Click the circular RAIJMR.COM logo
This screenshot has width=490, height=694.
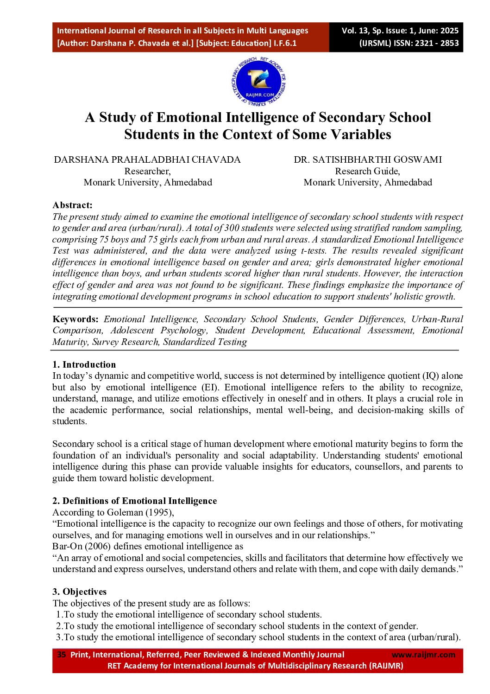[258, 82]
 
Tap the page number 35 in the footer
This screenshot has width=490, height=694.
[62, 655]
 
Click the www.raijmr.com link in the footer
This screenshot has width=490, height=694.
[423, 655]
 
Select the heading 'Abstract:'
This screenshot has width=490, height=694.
[72, 205]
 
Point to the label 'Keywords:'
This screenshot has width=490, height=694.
[75, 319]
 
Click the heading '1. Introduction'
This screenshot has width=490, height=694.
[84, 364]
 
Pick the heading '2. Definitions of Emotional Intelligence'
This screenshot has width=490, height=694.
[134, 501]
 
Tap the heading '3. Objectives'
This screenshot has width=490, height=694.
[79, 592]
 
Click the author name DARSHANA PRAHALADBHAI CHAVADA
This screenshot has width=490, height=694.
[147, 159]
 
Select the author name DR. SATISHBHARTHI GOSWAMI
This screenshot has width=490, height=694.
[368, 159]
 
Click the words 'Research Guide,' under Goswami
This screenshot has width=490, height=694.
[368, 171]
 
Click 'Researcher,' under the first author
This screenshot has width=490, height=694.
[147, 171]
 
